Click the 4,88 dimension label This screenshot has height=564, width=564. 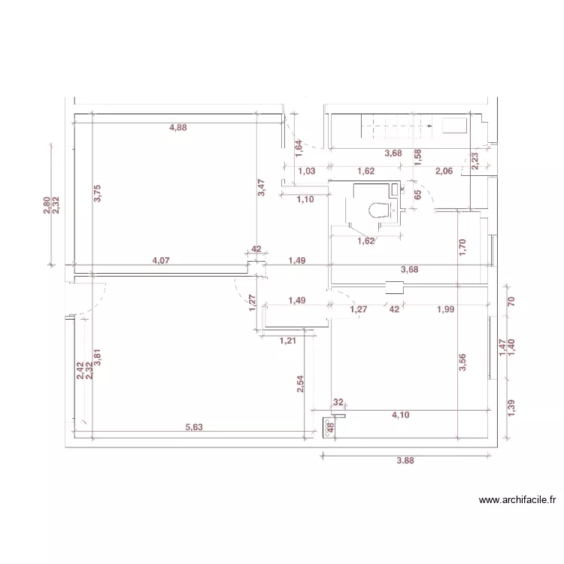point(178,128)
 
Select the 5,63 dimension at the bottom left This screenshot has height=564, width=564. point(195,427)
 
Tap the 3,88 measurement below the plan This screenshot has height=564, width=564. point(405,462)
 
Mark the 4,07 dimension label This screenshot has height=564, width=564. point(161,261)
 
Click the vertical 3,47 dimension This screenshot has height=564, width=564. point(261,188)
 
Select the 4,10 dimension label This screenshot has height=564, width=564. point(401,414)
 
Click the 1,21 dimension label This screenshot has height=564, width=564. point(288,341)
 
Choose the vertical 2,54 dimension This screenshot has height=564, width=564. point(301,384)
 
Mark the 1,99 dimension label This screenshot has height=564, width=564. point(446,308)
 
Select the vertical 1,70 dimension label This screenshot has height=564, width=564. point(464,247)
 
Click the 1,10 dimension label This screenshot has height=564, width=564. point(305,200)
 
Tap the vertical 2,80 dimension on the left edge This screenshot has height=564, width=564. point(47,205)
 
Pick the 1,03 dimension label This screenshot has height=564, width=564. point(306,171)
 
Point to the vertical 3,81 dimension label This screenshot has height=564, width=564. point(97,358)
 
